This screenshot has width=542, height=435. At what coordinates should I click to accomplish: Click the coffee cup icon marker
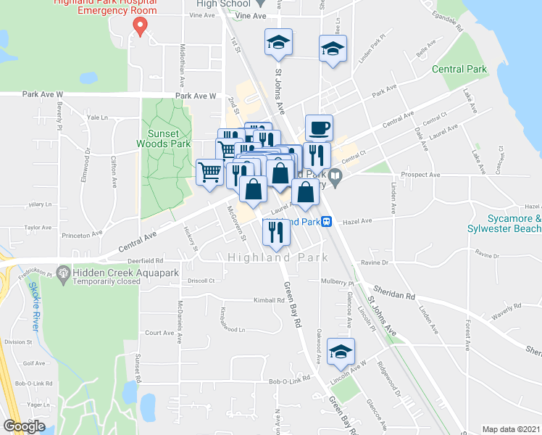319,128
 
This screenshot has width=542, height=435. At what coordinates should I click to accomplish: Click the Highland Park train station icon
328,221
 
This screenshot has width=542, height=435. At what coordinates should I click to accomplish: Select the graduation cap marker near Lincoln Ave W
341,352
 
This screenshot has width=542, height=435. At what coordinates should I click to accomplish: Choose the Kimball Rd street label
269,300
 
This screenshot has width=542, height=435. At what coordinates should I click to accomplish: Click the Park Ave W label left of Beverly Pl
43,94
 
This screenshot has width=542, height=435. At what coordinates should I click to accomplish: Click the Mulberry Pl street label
336,283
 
